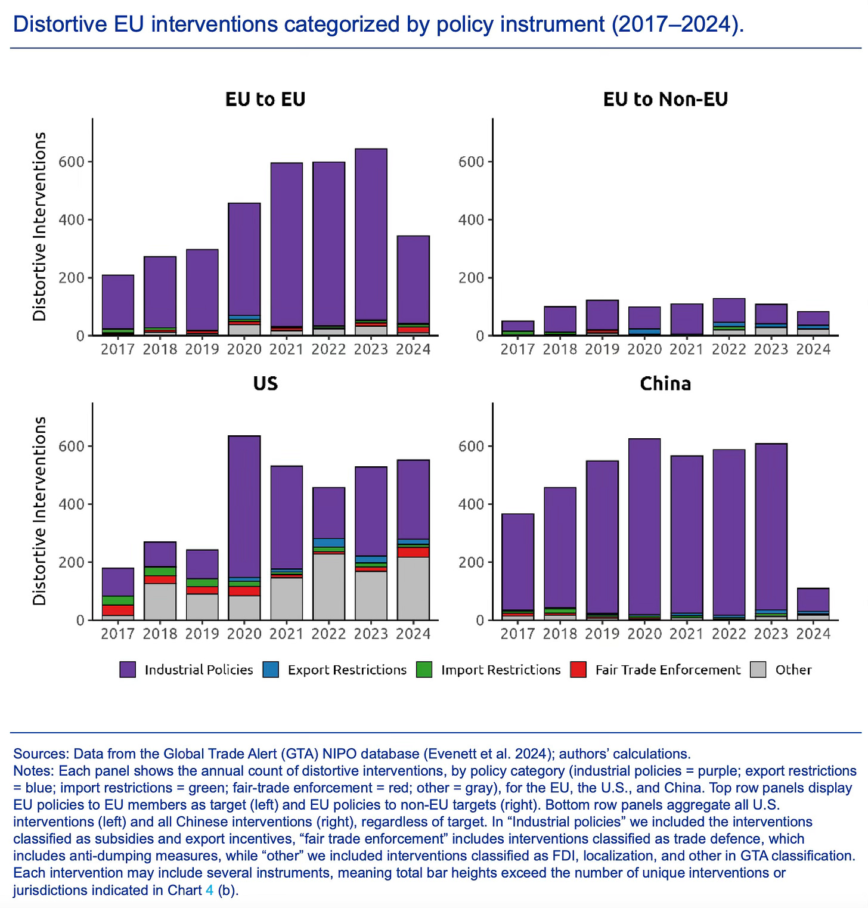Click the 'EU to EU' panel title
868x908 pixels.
[x=265, y=99]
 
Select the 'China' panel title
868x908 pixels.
[x=665, y=383]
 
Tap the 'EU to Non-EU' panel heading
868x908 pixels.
[x=665, y=99]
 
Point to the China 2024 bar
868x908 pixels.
[x=813, y=601]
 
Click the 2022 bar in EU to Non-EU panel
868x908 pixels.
[x=728, y=310]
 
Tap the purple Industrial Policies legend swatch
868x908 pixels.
[x=128, y=670]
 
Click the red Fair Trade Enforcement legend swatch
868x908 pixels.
[x=578, y=670]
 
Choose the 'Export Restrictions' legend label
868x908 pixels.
[x=347, y=670]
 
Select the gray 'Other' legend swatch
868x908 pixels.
[x=758, y=670]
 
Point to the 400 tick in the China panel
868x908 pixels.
[x=471, y=504]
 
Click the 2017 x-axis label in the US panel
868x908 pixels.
[x=117, y=634]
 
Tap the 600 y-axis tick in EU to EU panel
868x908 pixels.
[x=71, y=162]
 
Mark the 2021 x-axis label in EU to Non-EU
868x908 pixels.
[x=686, y=349]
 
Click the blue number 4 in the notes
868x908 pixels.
[x=209, y=890]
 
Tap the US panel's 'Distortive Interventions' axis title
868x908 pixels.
[x=40, y=511]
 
